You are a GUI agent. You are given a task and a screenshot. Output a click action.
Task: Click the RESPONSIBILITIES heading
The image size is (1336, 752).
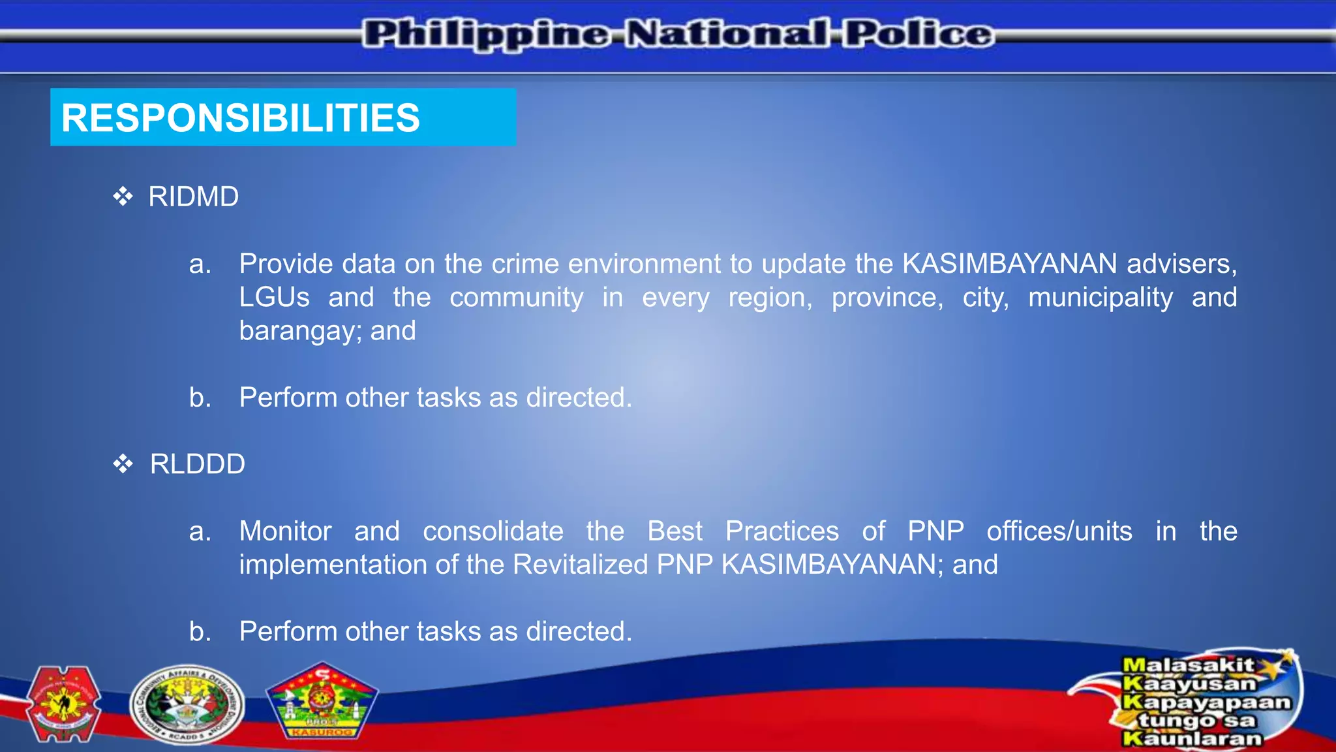[x=240, y=118]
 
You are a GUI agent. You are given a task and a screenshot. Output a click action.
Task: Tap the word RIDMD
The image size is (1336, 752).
[x=193, y=197]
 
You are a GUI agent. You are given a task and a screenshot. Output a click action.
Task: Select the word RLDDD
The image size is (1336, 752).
[x=197, y=464]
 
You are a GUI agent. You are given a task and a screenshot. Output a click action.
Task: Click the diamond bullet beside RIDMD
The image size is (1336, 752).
[x=123, y=196]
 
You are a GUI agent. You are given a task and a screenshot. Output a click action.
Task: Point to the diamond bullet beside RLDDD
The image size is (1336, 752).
[x=123, y=464]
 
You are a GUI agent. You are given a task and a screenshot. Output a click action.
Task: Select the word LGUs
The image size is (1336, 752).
[x=274, y=298]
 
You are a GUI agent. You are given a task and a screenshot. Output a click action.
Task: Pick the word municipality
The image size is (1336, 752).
[x=1100, y=298]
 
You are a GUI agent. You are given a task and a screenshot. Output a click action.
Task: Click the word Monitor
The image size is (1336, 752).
[x=285, y=531]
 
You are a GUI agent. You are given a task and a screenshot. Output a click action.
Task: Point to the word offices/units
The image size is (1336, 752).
[x=1059, y=531]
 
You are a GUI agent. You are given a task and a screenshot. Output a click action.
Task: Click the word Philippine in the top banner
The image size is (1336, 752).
[x=487, y=34]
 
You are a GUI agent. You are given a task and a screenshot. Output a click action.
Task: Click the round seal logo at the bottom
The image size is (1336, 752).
[x=187, y=706]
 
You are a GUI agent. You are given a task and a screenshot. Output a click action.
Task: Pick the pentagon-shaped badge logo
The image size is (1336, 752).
[x=322, y=702]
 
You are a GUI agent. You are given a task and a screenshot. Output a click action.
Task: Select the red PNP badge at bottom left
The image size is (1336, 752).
[x=63, y=704]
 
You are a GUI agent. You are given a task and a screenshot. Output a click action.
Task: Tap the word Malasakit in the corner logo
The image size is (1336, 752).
[x=1187, y=665]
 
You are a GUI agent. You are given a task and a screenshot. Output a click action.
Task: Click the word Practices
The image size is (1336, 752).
[x=782, y=531]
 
